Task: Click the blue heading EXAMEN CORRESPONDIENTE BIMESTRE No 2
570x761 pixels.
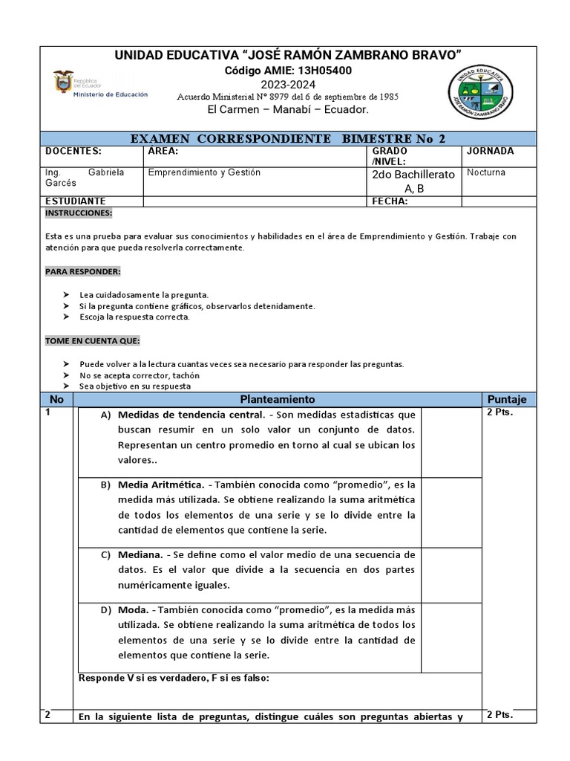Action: pyautogui.click(x=288, y=138)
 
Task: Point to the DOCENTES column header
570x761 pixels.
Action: pyautogui.click(x=73, y=151)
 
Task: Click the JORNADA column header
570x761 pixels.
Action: pyautogui.click(x=490, y=151)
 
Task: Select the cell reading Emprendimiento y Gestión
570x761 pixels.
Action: pyautogui.click(x=205, y=172)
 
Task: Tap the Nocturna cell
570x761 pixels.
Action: pyautogui.click(x=486, y=172)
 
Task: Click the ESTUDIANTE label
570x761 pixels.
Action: pyautogui.click(x=76, y=201)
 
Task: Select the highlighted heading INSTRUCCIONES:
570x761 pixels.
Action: pyautogui.click(x=79, y=213)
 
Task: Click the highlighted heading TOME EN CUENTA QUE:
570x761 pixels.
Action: pyautogui.click(x=92, y=341)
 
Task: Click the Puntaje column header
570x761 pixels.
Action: pyautogui.click(x=506, y=400)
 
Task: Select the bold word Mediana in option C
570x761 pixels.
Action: pyautogui.click(x=140, y=554)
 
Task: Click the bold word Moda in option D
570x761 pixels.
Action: pyautogui.click(x=133, y=610)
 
